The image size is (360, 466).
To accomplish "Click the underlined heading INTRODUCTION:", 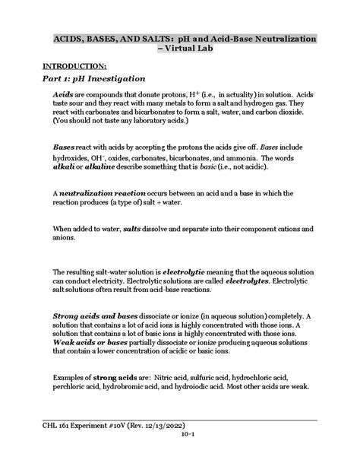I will (73, 65).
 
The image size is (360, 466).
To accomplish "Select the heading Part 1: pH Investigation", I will (89, 79).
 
